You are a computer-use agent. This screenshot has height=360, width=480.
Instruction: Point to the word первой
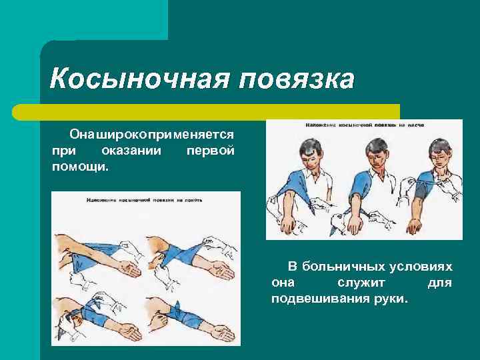(x=210, y=150)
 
